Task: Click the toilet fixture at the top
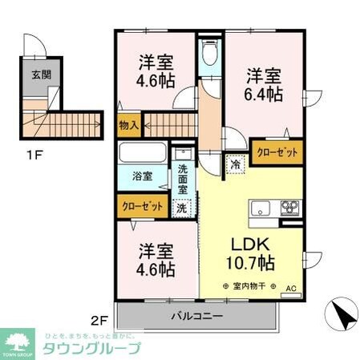[209, 55]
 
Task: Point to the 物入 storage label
[130, 124]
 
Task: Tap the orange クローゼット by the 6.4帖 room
[277, 152]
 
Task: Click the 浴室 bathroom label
[144, 176]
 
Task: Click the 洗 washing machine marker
[182, 206]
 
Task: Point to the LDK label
[250, 244]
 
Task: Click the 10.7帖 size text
[250, 263]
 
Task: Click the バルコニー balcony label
[196, 316]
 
